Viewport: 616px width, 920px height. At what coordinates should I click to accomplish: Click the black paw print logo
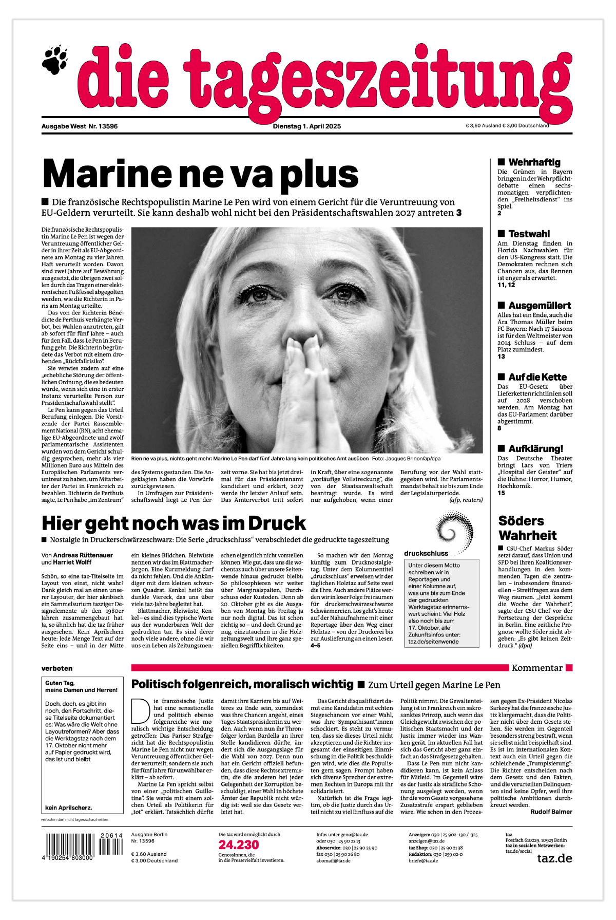point(55,60)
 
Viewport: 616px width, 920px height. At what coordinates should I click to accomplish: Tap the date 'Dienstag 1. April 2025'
point(306,126)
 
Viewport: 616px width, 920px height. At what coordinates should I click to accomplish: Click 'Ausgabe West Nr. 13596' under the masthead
point(80,126)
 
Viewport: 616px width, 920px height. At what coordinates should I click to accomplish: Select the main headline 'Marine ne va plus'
point(200,174)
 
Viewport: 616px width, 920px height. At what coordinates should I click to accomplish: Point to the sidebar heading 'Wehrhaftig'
point(534,162)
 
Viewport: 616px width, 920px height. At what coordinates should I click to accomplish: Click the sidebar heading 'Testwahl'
point(529,234)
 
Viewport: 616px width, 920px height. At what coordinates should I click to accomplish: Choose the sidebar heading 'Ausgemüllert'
point(540,306)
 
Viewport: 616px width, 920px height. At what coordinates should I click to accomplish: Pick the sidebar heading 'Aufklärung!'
point(535,448)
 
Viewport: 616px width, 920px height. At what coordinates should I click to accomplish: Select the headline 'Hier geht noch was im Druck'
point(174,523)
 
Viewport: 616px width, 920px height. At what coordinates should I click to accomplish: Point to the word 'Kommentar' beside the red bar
point(537,668)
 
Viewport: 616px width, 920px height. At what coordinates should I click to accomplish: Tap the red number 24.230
point(239,845)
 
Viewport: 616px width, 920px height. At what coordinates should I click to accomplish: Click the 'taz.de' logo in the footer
point(554,858)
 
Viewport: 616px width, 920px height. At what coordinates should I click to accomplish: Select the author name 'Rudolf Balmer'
point(551,812)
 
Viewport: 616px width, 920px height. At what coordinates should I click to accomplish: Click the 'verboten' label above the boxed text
point(57,668)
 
